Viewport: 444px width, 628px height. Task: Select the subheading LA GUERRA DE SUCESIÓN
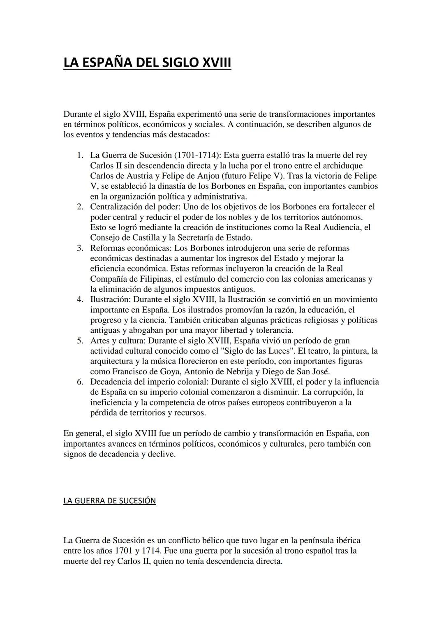click(109, 501)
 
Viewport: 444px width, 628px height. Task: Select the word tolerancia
click(273, 330)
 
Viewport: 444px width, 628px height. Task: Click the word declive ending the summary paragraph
click(161, 454)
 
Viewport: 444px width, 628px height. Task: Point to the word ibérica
click(345, 540)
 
